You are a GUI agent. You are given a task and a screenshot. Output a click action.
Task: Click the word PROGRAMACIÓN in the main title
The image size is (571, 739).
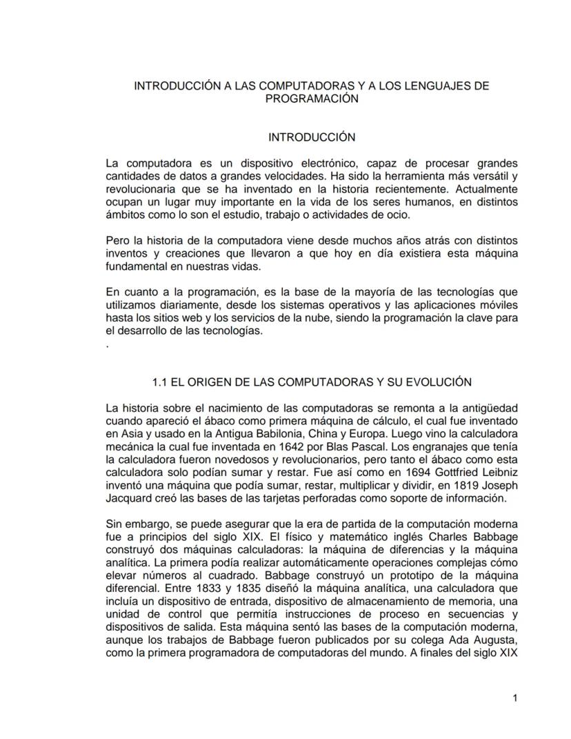pos(312,99)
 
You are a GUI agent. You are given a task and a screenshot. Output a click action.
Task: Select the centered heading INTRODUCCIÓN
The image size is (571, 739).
pos(312,137)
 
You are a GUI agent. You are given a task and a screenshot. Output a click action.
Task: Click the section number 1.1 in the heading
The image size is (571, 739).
pos(160,382)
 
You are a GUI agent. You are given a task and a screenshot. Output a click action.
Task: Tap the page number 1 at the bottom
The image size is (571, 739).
pos(515,699)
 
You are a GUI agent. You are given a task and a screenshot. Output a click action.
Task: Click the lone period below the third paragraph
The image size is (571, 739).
pos(108,345)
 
